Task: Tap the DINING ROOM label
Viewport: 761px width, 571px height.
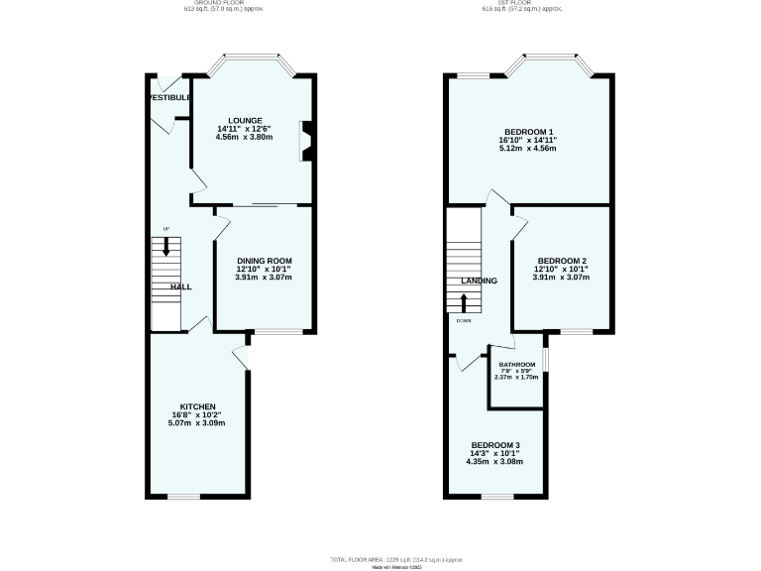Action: [x=264, y=260]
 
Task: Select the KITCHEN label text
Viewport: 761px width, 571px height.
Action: [x=197, y=406]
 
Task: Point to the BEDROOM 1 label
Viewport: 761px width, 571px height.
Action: [x=528, y=132]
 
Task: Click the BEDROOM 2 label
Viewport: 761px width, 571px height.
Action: [x=561, y=260]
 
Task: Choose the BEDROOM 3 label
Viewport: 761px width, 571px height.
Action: [x=495, y=444]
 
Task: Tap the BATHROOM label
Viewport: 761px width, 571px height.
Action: [x=516, y=365]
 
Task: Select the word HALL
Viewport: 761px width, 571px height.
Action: [x=180, y=286]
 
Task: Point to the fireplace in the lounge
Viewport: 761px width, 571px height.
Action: [x=307, y=140]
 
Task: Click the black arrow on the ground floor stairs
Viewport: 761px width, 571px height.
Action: [x=165, y=246]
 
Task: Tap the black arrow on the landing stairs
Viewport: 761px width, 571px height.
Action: [x=464, y=302]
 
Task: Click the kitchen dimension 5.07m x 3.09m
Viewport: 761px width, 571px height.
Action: [x=197, y=423]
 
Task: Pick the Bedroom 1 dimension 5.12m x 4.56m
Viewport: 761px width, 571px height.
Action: [x=528, y=149]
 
